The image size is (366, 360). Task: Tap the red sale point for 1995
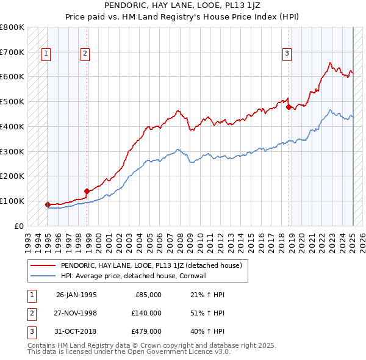[x=48, y=204]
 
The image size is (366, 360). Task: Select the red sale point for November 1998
[x=87, y=191]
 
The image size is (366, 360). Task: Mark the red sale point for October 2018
[x=289, y=107]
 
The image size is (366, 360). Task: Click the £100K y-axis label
[x=12, y=201]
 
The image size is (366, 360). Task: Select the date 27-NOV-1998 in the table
[x=76, y=312]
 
